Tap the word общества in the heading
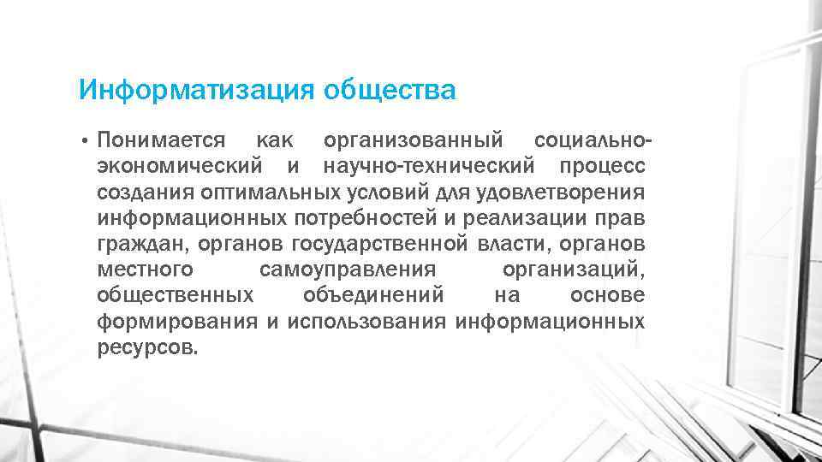(390, 89)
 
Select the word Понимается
(161, 138)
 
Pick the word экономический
(178, 163)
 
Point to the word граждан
(144, 244)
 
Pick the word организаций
(574, 270)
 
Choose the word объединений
(373, 296)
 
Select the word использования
(366, 323)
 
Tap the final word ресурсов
(147, 349)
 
